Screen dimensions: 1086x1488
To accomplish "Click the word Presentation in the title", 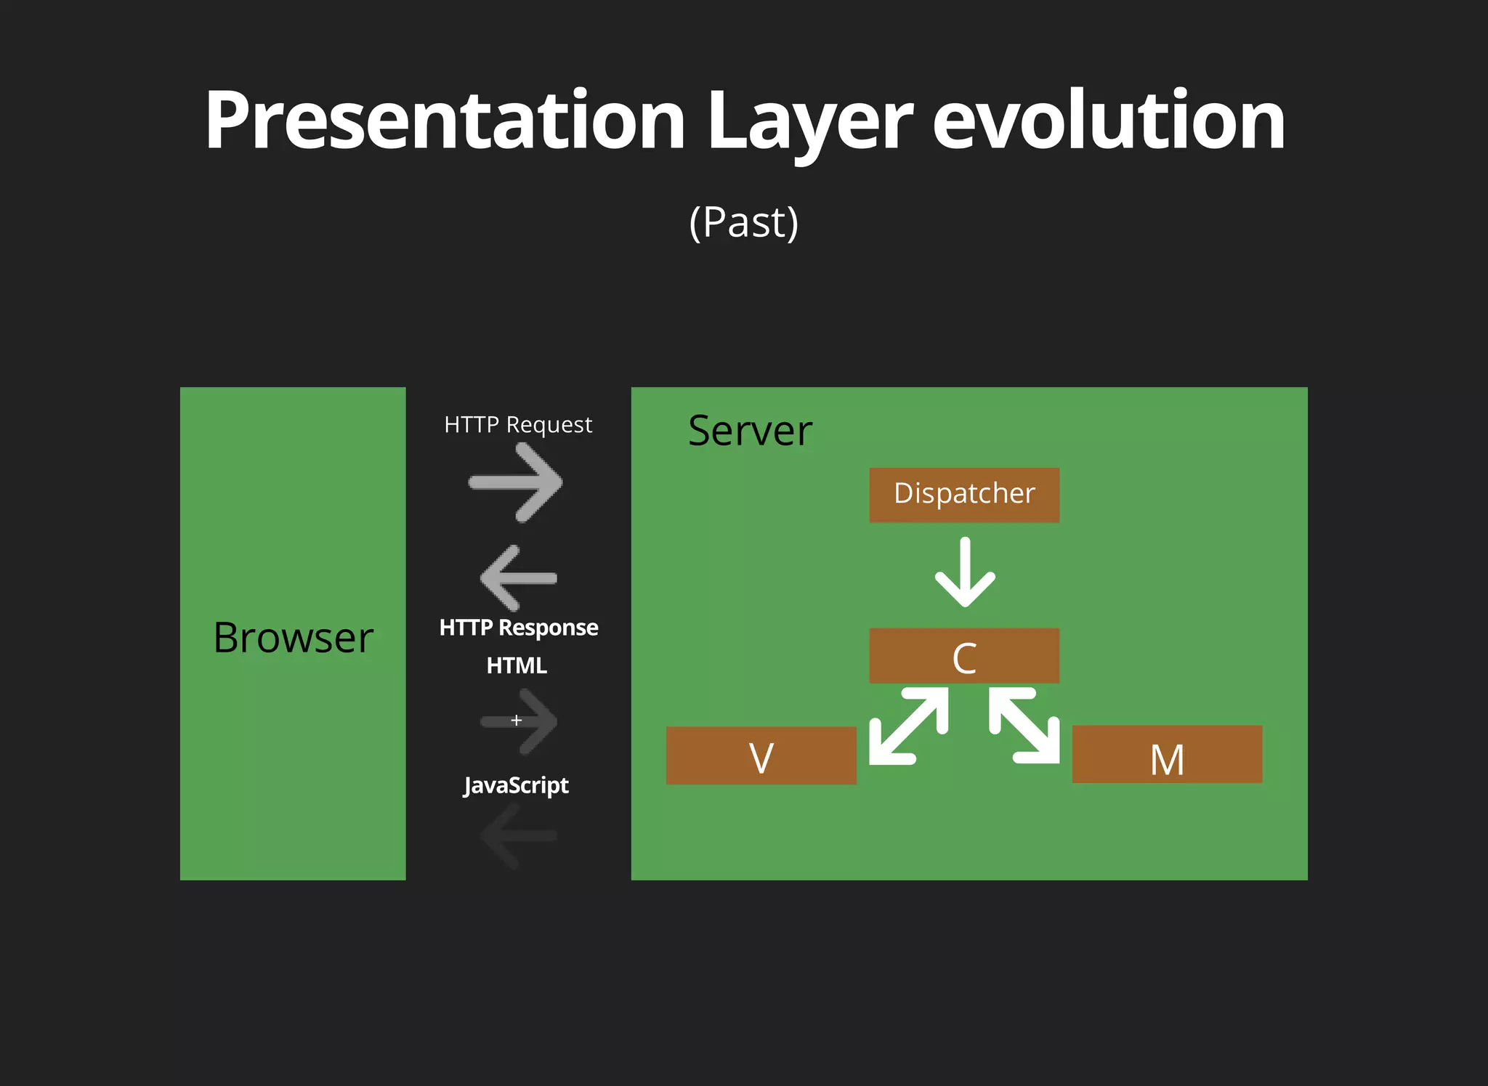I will click(x=445, y=120).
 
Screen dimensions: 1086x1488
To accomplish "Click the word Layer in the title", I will click(x=809, y=120).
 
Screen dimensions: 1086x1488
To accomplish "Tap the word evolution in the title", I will click(x=1109, y=120).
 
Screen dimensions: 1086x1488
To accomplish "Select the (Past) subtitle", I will click(x=743, y=222).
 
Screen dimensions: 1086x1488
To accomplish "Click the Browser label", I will click(x=293, y=638).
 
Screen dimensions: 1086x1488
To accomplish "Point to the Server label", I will click(x=750, y=431).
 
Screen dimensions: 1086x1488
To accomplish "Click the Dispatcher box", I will click(x=964, y=495).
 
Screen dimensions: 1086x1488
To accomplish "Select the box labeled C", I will click(x=964, y=656).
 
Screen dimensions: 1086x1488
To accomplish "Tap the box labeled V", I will click(x=761, y=755).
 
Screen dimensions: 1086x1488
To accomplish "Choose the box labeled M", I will click(x=1167, y=755).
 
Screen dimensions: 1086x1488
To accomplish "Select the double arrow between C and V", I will click(x=909, y=726).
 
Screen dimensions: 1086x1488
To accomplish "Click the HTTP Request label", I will click(x=518, y=424).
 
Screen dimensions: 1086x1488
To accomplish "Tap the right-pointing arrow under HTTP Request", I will click(x=517, y=482).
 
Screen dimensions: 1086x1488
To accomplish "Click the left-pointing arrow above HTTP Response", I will click(x=518, y=578).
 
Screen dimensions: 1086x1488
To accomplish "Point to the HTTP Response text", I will click(x=519, y=628).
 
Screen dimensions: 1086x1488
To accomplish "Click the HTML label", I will click(x=517, y=665).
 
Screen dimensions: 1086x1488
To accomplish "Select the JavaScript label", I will click(x=516, y=785).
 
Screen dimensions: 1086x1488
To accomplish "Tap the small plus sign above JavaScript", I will click(x=517, y=721).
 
